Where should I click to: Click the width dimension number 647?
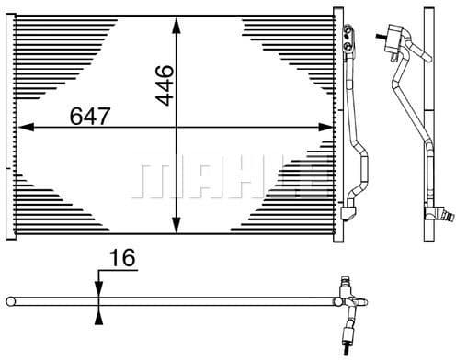coord(90,117)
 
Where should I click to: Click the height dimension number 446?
coord(165,85)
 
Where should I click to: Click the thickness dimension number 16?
coord(122,258)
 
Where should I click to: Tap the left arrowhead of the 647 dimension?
coord(26,127)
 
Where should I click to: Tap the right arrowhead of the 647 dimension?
coord(325,127)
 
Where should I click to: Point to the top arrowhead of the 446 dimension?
coord(177,26)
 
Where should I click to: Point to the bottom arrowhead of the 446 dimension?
coord(177,225)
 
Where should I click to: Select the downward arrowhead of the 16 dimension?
coord(98,288)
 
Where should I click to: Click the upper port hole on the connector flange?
coord(348,30)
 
